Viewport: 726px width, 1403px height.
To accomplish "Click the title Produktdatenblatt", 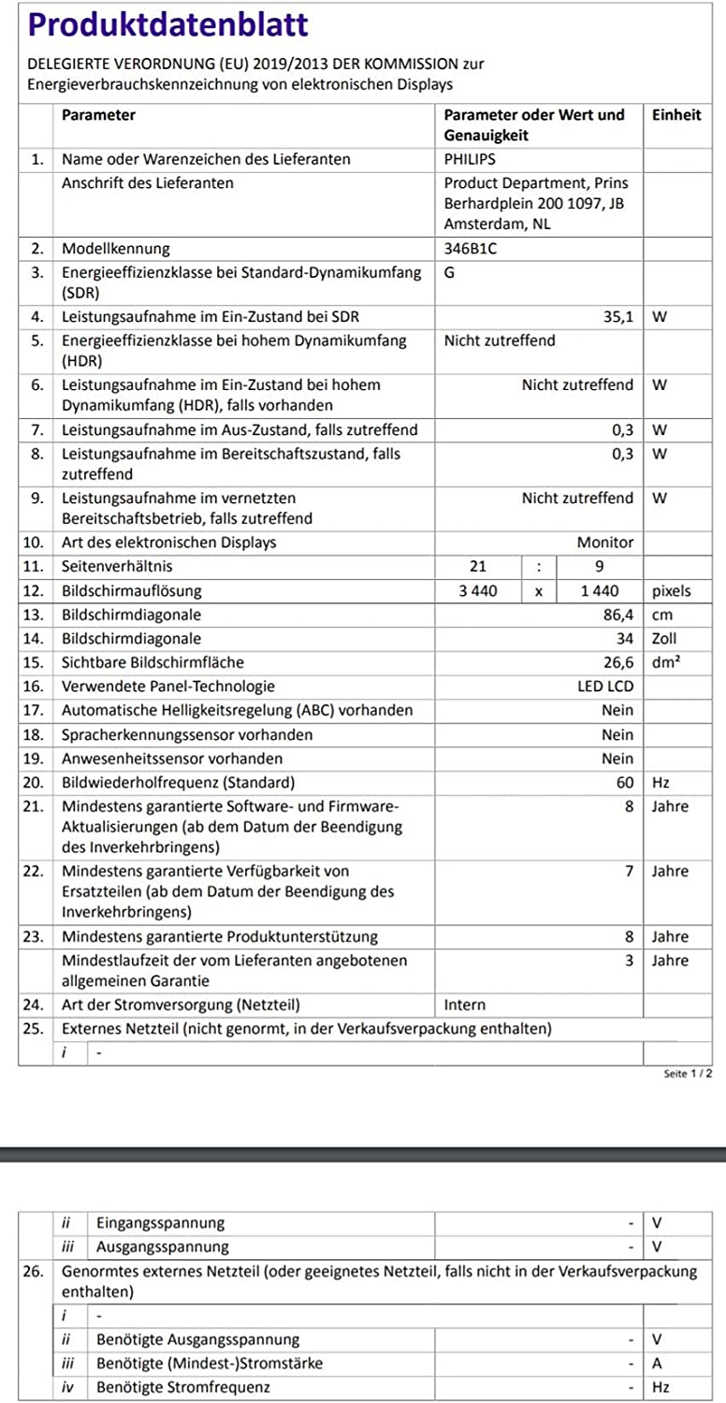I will click(168, 23).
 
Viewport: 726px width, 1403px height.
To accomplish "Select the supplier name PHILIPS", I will click(470, 159).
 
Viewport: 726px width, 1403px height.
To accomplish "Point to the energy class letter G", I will click(450, 273).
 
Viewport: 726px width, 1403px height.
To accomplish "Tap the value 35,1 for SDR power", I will click(618, 317).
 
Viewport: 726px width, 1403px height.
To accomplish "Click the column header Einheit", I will click(675, 115).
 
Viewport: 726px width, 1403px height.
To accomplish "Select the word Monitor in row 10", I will click(605, 542).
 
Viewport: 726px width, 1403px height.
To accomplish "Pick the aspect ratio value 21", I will click(478, 567).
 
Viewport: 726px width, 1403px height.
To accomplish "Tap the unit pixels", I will click(671, 591).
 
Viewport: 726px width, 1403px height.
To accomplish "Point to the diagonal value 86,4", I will click(618, 615).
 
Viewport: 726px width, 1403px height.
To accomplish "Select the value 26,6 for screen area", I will click(618, 663).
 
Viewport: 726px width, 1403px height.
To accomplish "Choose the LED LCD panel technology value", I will click(605, 687).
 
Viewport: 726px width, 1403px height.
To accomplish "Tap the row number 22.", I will click(33, 872).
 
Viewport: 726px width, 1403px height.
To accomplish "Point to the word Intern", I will click(465, 1005).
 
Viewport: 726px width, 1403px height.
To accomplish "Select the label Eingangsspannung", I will click(160, 1222).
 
